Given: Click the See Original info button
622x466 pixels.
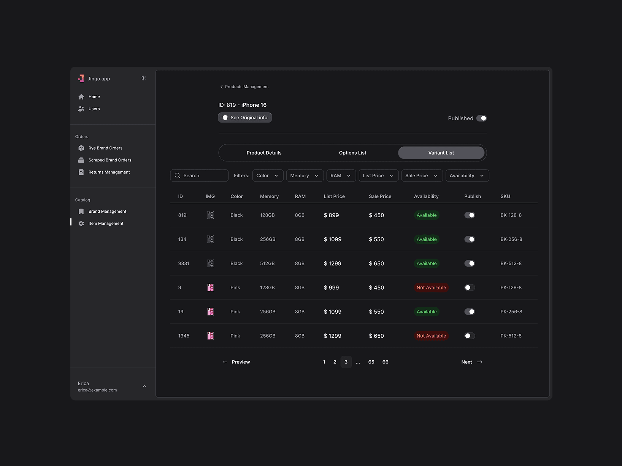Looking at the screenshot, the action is click(x=245, y=118).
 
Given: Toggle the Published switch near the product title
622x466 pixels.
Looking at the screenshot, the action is click(x=481, y=118).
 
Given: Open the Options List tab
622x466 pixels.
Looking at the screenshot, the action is click(x=352, y=153).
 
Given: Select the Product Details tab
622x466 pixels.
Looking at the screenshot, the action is click(x=264, y=153).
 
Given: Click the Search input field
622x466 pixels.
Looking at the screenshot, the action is click(x=199, y=175).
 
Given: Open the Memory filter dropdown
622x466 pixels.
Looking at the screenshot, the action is click(x=305, y=175).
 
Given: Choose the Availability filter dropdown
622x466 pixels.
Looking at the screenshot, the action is click(x=467, y=175).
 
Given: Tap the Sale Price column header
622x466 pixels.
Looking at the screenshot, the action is click(x=380, y=196).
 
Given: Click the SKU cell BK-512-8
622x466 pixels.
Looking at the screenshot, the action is click(x=511, y=264).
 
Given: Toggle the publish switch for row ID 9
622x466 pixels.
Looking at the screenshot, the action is click(x=469, y=287).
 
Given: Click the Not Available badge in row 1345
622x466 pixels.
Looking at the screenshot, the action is click(x=431, y=336).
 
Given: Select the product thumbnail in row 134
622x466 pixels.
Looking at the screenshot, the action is click(x=210, y=239).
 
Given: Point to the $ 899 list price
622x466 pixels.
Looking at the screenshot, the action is click(x=331, y=215).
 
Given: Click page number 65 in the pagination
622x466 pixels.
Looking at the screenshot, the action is click(x=371, y=362).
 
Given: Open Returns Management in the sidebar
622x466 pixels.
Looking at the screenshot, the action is click(x=109, y=172).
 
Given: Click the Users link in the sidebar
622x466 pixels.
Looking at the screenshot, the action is click(x=94, y=109).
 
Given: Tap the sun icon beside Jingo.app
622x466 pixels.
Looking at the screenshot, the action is click(x=144, y=78).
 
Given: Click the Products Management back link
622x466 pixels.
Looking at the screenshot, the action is click(x=244, y=87).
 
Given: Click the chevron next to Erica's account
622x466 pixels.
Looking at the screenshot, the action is click(x=144, y=386).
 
